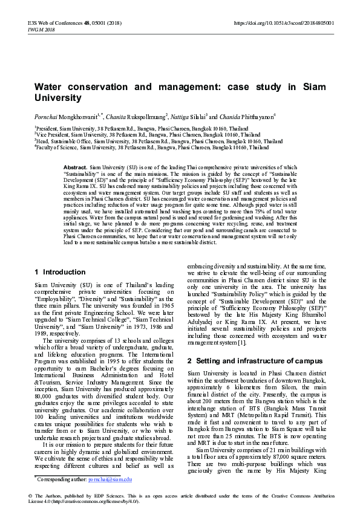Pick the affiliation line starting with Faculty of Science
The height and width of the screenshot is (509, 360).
click(x=143, y=147)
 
